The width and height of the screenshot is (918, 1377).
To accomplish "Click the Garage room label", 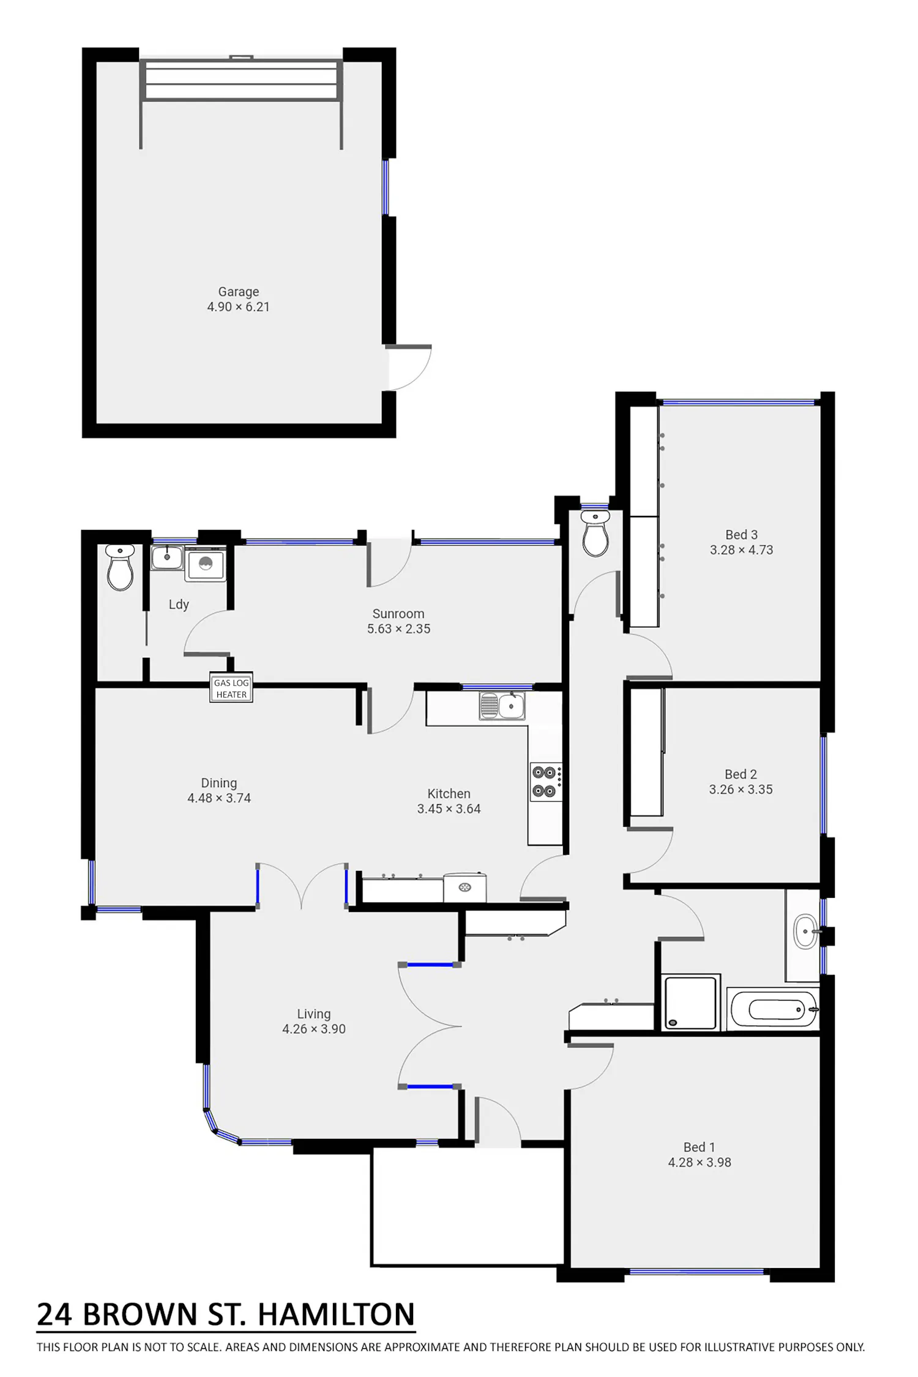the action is click(x=239, y=291).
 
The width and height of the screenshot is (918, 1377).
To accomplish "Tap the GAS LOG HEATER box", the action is click(x=231, y=688).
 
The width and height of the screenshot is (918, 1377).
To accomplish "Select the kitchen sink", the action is click(x=502, y=706).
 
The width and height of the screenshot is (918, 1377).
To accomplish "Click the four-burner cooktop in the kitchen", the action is click(x=545, y=782).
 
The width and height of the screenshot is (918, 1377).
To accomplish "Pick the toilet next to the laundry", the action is click(x=120, y=567).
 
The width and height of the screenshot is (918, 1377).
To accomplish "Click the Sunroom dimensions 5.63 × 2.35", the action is click(x=398, y=629).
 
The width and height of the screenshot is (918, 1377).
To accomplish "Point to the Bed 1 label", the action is click(x=699, y=1147).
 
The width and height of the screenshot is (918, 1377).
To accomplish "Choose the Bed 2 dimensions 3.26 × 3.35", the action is click(x=741, y=789).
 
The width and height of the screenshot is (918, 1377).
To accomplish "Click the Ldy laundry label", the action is click(x=179, y=605).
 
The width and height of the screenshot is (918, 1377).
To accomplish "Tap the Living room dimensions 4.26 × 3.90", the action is click(x=314, y=1029).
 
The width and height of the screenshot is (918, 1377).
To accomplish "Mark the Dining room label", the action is click(x=219, y=783).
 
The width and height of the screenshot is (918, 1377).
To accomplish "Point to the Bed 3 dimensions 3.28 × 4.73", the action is click(x=741, y=550).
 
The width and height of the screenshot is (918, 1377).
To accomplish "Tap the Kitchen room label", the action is click(x=449, y=793).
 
